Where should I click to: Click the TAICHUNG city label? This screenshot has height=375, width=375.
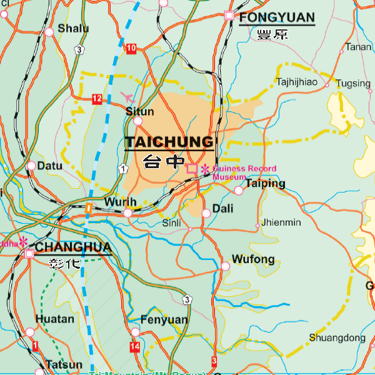[169, 142]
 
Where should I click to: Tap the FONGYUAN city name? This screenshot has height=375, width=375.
[277, 17]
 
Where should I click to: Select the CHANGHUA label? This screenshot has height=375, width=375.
[73, 247]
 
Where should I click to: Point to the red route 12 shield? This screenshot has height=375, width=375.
[97, 99]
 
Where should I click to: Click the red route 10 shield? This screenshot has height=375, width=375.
[131, 49]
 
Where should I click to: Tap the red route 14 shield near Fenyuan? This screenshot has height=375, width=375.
[135, 346]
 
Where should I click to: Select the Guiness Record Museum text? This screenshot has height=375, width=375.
[244, 172]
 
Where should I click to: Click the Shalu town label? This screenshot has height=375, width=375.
[73, 28]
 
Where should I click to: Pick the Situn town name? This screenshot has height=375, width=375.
[139, 111]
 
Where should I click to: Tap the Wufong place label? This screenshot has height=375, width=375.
[253, 259]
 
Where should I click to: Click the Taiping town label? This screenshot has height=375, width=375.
[265, 183]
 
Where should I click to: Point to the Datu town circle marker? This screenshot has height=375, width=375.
[31, 166]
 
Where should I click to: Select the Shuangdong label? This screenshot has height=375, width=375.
[337, 338]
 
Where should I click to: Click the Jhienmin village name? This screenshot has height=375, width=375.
[281, 222]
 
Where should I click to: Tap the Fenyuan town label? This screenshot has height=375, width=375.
[164, 319]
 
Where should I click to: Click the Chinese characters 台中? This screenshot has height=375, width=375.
[164, 162]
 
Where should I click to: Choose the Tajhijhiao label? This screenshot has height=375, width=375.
[297, 82]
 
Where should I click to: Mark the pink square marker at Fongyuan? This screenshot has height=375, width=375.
[229, 15]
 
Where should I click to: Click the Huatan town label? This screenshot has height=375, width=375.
[55, 319]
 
